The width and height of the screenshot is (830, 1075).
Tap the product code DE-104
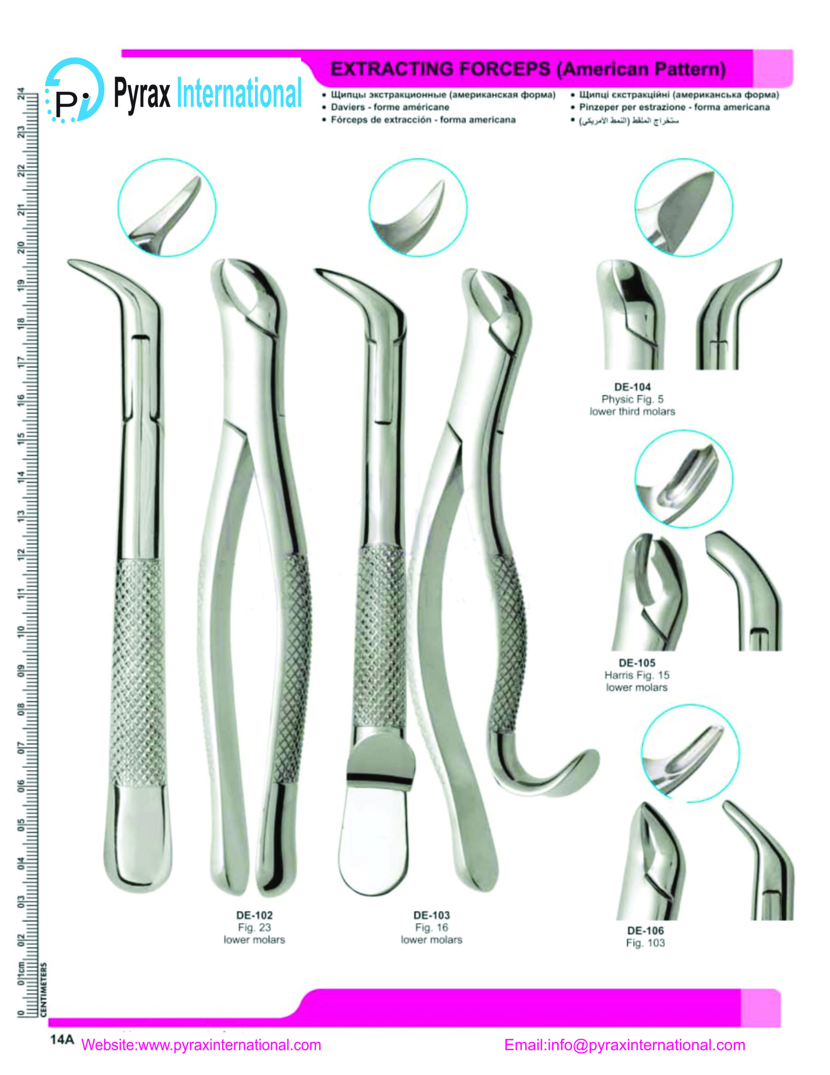pos(632,387)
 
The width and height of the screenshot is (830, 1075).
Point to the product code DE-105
pos(637,663)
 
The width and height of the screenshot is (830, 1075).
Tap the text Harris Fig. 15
pos(637,675)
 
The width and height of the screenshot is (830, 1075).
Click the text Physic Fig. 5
pos(632,399)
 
